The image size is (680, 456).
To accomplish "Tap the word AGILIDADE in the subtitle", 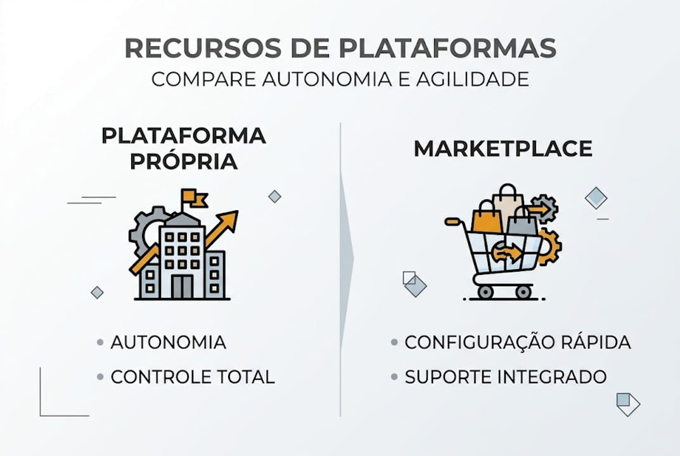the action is tap(473, 79).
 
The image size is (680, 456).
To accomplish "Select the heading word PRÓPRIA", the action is tap(183, 161).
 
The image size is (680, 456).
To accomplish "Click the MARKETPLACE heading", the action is tap(503, 149).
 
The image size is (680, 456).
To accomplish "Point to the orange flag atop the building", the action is tap(194, 198).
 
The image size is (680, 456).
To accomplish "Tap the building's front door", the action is tap(182, 286).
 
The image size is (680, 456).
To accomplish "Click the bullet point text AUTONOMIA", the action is tap(169, 343).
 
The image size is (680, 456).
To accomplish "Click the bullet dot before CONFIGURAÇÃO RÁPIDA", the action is tap(394, 343).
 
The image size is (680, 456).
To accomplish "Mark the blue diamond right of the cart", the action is tap(596, 198).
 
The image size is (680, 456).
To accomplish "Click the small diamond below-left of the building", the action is tap(97, 293).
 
